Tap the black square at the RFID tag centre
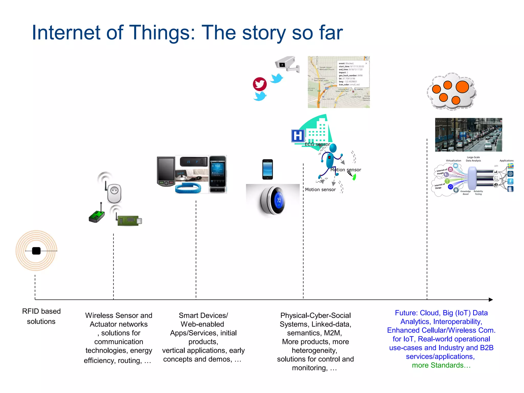click(x=36, y=251)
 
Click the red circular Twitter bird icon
click(x=260, y=84)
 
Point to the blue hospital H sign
click(x=298, y=136)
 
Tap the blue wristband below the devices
click(x=188, y=188)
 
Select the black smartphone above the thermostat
click(x=268, y=169)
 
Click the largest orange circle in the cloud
click(x=462, y=87)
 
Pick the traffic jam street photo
click(x=468, y=135)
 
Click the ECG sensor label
click(x=317, y=144)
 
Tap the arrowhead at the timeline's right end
click(x=490, y=300)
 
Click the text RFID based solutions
click(x=41, y=316)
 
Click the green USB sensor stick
click(x=129, y=220)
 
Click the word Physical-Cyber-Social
click(x=315, y=315)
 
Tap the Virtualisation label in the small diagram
click(x=453, y=161)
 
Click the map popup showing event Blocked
click(x=353, y=74)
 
